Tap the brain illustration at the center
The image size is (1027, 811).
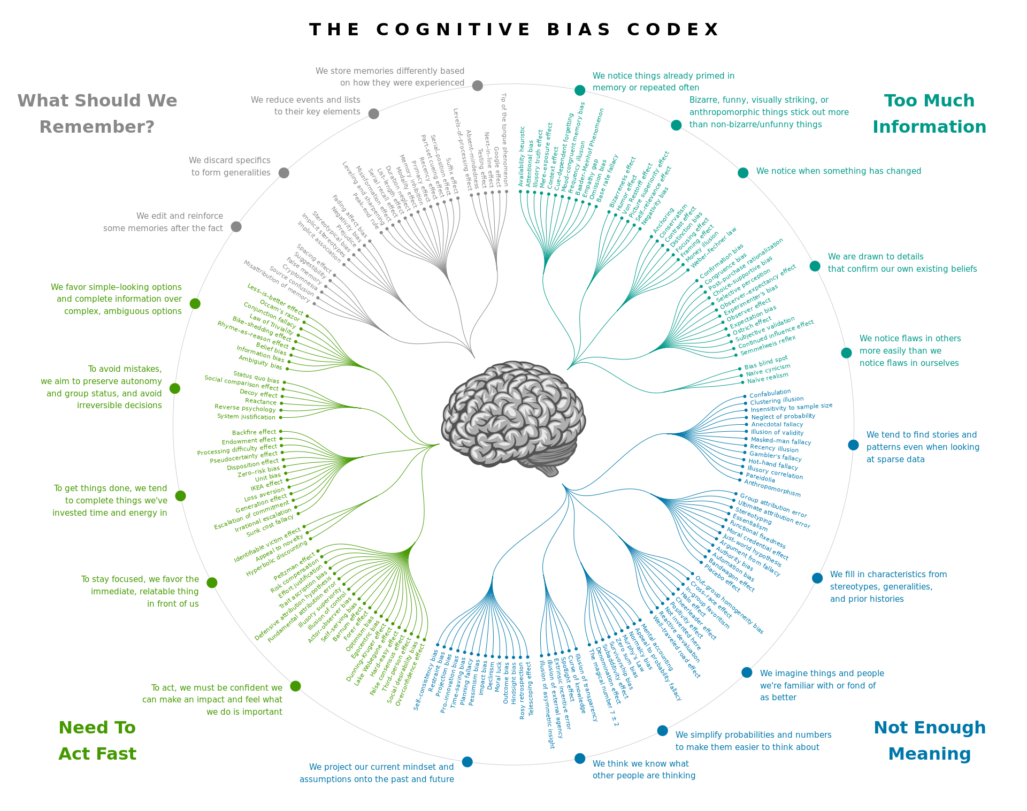click(513, 417)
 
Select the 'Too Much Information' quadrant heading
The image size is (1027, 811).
click(929, 113)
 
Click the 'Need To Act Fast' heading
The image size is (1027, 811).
click(97, 740)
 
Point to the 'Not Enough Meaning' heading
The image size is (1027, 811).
click(929, 740)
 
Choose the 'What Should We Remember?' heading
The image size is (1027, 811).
click(97, 113)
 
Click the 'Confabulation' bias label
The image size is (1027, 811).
click(770, 393)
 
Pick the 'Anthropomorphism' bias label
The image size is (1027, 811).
click(772, 488)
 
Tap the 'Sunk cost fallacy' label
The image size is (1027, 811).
click(270, 526)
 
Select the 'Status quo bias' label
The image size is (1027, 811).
click(256, 377)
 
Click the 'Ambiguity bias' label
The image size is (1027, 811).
click(260, 362)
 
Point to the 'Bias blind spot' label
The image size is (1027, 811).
click(766, 363)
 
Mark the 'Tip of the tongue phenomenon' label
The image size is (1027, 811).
click(504, 139)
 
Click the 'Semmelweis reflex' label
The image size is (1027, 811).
click(768, 345)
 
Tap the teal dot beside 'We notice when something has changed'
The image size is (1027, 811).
click(743, 173)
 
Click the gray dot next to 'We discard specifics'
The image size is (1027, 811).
click(284, 173)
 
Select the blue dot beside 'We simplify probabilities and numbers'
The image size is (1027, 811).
click(662, 731)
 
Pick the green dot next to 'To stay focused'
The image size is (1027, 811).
click(212, 583)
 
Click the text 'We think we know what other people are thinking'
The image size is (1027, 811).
click(643, 770)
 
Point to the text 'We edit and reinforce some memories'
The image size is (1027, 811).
click(163, 222)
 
